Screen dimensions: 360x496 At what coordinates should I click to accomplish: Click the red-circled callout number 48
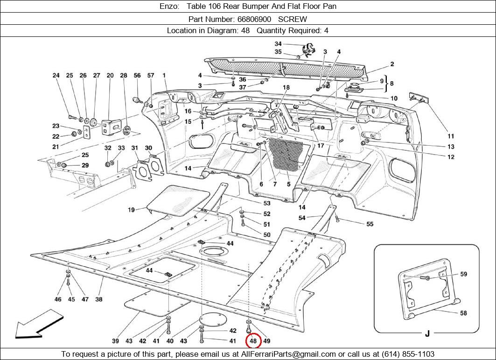(253, 341)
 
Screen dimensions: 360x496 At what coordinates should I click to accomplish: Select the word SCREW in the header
(293, 19)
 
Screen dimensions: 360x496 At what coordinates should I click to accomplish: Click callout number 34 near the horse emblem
(278, 44)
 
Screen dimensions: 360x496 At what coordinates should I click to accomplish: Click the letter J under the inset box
(427, 333)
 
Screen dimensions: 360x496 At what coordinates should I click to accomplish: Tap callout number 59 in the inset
(463, 274)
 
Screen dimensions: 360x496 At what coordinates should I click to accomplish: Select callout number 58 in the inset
(463, 313)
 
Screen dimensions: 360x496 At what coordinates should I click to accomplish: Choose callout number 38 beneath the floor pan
(99, 299)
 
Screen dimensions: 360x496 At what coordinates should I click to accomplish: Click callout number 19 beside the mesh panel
(132, 210)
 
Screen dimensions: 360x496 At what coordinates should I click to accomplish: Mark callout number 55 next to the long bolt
(370, 224)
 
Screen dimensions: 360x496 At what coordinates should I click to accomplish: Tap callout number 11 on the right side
(451, 136)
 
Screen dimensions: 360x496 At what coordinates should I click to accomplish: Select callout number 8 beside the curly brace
(392, 84)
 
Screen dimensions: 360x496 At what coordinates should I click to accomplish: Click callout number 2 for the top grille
(392, 64)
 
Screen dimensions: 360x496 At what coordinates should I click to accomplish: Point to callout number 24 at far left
(56, 75)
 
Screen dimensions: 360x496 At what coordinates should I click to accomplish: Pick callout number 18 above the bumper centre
(286, 87)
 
